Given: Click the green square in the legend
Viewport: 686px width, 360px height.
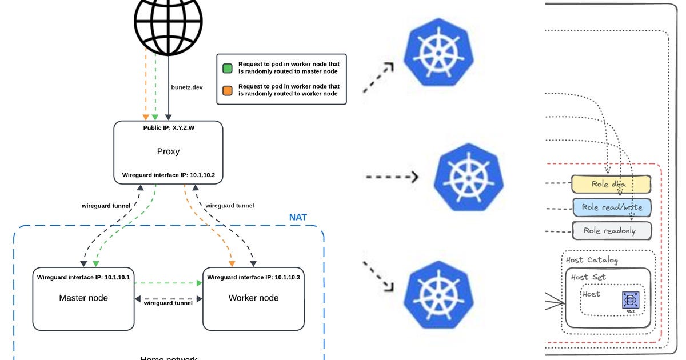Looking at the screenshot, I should (228, 68).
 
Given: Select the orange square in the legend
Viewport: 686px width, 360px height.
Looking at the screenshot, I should (228, 90).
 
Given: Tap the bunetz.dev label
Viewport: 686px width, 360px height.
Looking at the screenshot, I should (187, 87).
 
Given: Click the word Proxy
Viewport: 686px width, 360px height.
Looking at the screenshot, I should (168, 151).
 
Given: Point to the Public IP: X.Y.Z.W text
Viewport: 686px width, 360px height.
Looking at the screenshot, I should (168, 127).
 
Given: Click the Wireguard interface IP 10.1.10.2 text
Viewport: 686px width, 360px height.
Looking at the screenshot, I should (168, 175).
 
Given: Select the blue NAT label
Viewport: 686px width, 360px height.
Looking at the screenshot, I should (298, 218).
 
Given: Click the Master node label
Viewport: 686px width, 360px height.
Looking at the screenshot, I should (83, 298).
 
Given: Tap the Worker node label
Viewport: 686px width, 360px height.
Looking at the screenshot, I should (253, 298).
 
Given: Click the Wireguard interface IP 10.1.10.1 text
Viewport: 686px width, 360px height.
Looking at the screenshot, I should (83, 277).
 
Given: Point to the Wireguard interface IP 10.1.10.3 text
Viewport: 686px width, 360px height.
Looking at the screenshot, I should (253, 277).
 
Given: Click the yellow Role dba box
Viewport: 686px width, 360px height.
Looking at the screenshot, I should (611, 184).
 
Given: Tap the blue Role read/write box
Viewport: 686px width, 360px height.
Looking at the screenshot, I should (611, 207).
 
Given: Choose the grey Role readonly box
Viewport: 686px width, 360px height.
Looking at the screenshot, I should (611, 231).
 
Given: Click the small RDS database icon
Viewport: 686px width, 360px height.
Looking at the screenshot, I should (631, 301).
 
